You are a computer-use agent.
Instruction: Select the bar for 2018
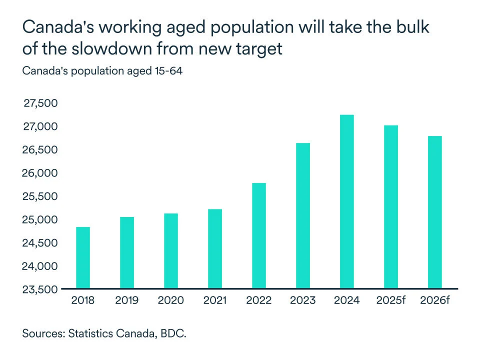point(83,258)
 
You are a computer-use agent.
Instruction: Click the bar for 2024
point(346,202)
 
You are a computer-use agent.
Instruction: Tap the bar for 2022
point(258,236)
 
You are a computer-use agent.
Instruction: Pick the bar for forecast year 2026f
point(434,212)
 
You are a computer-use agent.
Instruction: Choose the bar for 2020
point(170,251)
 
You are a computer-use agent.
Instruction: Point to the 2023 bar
point(302,216)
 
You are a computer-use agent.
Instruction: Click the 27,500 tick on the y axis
point(40,103)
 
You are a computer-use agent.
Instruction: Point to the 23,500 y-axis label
point(40,289)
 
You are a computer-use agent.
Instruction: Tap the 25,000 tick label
point(40,219)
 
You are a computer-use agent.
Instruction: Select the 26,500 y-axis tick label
point(40,150)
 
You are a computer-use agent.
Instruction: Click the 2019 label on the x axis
point(127,300)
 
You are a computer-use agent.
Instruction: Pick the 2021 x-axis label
point(214,300)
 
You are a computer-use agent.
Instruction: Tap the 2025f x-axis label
point(390,300)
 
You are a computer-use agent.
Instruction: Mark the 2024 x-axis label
point(346,300)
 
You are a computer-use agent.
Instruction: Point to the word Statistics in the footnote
point(90,333)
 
